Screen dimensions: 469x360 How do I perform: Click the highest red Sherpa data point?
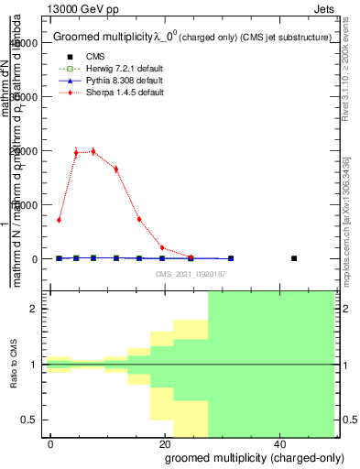click(93, 151)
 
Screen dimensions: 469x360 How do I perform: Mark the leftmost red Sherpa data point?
click(59, 220)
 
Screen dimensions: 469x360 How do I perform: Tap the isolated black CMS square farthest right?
click(294, 258)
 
